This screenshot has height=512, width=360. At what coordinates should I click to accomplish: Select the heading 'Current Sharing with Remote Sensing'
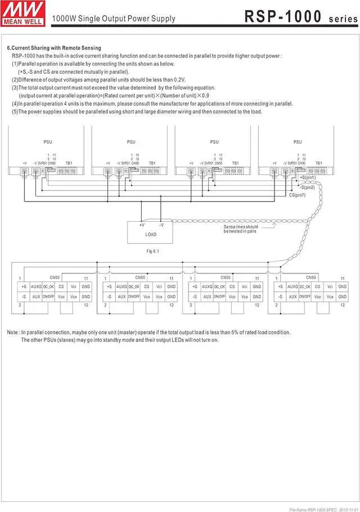click(x=54, y=48)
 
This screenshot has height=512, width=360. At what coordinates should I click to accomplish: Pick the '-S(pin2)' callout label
click(x=307, y=187)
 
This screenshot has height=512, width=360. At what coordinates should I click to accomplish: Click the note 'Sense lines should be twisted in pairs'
click(x=241, y=229)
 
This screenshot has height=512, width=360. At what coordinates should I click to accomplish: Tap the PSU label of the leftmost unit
click(x=47, y=142)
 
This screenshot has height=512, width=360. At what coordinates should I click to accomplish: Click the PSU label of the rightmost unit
click(x=298, y=142)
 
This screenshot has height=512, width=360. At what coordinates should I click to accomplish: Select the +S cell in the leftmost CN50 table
click(x=24, y=286)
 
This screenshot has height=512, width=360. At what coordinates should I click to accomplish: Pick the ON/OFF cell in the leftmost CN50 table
click(x=48, y=296)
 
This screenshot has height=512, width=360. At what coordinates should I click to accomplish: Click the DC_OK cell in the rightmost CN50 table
click(x=304, y=286)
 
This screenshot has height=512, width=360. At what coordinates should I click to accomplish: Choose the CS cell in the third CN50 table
click(x=232, y=286)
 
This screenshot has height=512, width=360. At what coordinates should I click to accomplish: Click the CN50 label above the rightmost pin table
click(x=311, y=277)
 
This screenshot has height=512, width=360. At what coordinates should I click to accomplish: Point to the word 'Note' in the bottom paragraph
click(x=12, y=333)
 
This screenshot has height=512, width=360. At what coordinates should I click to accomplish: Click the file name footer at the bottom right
click(x=322, y=510)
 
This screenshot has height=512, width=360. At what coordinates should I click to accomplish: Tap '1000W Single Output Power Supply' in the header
click(x=113, y=19)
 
